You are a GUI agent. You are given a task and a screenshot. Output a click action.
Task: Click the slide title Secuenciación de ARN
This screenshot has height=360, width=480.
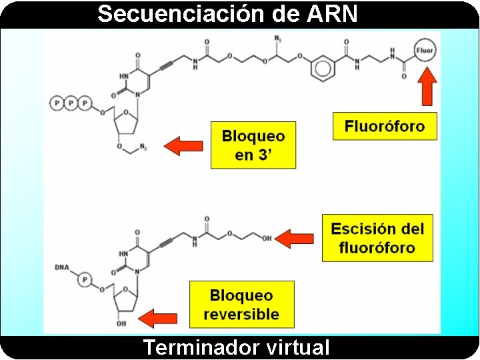[x=227, y=13]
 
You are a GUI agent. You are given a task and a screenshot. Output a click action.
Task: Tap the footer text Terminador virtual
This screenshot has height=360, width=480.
[x=236, y=347]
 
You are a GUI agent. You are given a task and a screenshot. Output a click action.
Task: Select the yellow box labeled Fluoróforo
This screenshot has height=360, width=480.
[x=385, y=126]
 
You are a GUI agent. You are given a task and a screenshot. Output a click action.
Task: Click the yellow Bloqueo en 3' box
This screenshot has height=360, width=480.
[x=253, y=145]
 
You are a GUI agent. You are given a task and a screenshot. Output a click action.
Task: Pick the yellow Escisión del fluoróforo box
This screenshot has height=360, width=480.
[x=377, y=238]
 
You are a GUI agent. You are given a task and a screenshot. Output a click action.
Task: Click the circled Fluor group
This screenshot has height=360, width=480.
[x=425, y=50]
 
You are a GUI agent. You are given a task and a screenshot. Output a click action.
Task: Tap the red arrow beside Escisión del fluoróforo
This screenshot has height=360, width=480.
[x=295, y=238]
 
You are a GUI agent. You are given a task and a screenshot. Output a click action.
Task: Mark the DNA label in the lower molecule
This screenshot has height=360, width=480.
[x=61, y=267]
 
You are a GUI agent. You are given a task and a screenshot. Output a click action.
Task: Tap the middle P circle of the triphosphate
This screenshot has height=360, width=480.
[x=71, y=103]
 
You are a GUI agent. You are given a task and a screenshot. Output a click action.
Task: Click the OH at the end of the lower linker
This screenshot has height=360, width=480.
[x=267, y=238]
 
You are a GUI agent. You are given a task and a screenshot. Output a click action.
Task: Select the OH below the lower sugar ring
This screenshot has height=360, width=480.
[x=121, y=325]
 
